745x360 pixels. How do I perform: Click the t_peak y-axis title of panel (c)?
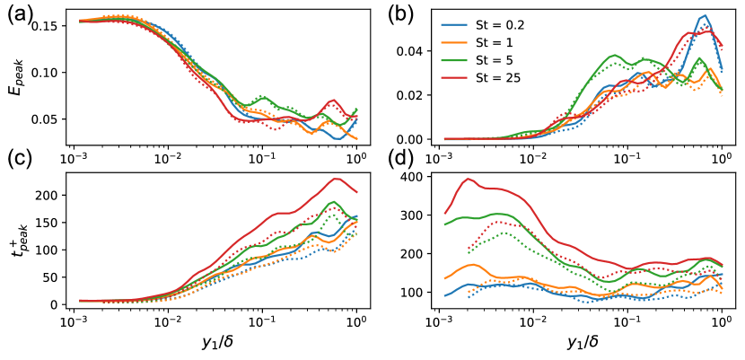coord(16,238)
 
